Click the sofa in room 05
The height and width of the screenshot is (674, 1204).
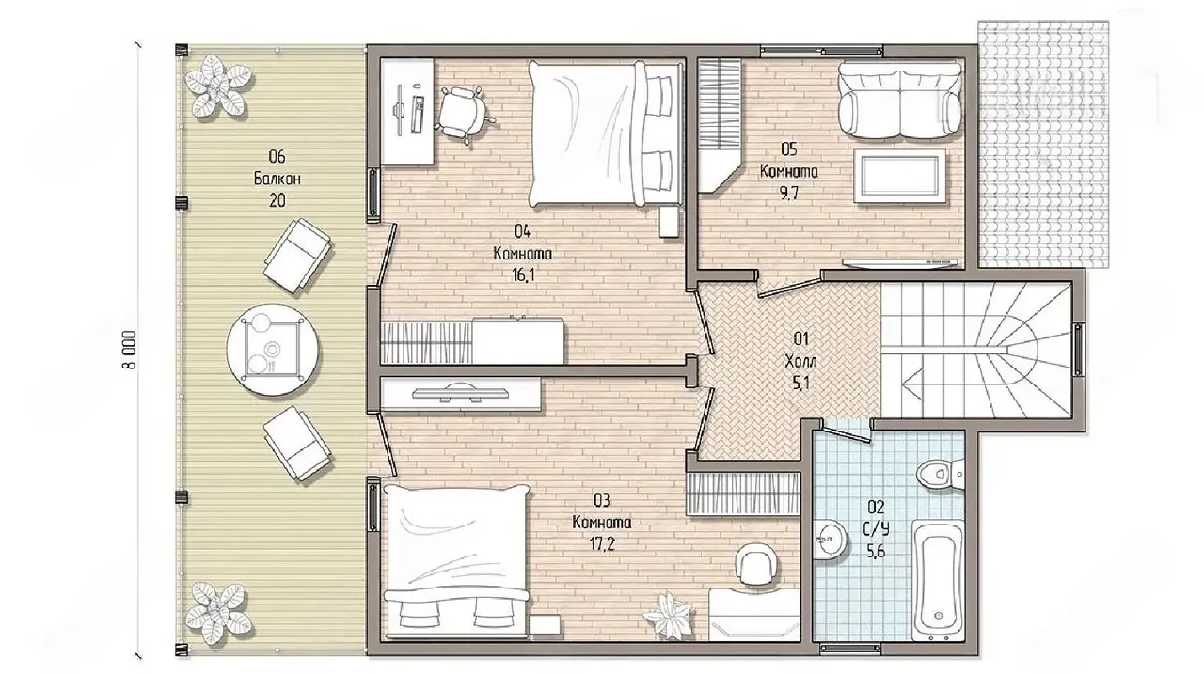pos(900,101)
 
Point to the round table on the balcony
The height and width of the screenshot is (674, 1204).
pos(273,351)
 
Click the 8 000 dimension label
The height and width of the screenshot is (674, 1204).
pos(130,350)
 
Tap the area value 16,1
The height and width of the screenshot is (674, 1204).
pos(524,275)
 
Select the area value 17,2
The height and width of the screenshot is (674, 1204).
pos(601,544)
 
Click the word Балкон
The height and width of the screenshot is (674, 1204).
pos(277,179)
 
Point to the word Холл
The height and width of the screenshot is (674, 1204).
pos(800,361)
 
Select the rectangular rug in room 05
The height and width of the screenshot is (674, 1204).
pos(900,176)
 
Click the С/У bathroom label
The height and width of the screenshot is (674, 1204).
pos(876,529)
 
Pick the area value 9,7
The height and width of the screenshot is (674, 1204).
pos(789,194)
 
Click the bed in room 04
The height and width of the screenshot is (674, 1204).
pos(605,133)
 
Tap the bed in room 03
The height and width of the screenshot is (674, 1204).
pos(457,562)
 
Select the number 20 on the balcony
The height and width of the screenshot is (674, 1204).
pos(277,201)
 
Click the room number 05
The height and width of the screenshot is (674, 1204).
pos(789,149)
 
